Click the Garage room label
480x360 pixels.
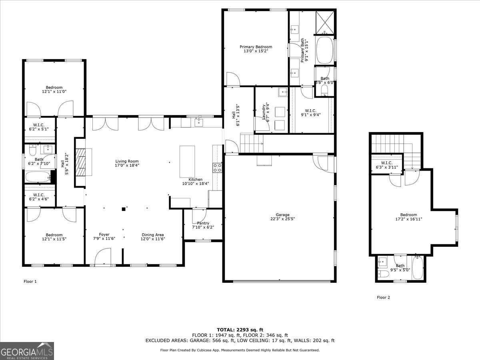click(x=280, y=217)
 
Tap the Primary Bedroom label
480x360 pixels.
click(x=256, y=49)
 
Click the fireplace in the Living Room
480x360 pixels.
click(x=84, y=162)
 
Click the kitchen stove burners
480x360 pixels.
click(x=218, y=168)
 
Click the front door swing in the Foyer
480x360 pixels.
click(x=103, y=257)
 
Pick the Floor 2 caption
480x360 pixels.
click(x=383, y=298)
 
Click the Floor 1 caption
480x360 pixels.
click(x=30, y=282)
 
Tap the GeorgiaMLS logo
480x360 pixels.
click(x=27, y=351)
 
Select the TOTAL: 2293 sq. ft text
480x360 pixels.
click(x=240, y=330)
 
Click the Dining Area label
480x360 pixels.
click(x=152, y=237)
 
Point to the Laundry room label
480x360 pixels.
click(x=266, y=112)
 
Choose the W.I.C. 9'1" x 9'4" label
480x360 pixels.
click(x=310, y=112)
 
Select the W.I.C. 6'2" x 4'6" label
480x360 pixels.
click(x=39, y=197)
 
